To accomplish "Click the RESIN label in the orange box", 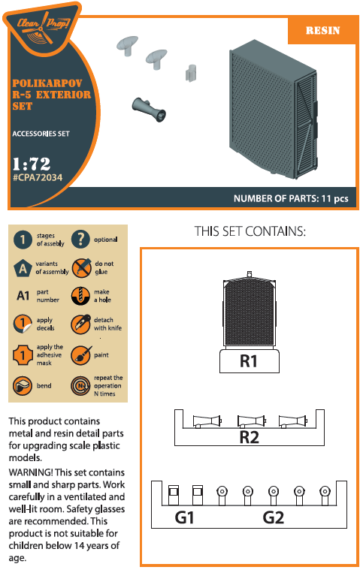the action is [x=322, y=30].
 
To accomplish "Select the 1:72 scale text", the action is [x=32, y=164].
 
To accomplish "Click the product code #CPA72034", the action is [x=38, y=177].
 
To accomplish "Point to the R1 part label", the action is [x=249, y=361].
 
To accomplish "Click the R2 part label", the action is [x=250, y=437].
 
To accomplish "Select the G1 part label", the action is [x=184, y=517].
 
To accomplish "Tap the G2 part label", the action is [x=274, y=517].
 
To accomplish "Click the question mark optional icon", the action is [x=80, y=240].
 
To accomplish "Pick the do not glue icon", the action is [x=81, y=268].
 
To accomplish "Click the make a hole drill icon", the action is [x=80, y=296].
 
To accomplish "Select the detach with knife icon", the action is [x=80, y=324].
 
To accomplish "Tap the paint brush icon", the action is [x=80, y=355].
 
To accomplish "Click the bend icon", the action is [x=23, y=385].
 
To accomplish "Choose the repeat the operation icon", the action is [x=80, y=386].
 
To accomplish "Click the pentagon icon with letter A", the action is [x=23, y=268].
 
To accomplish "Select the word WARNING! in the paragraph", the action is [x=31, y=472].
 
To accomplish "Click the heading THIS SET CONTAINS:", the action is [x=250, y=231].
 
